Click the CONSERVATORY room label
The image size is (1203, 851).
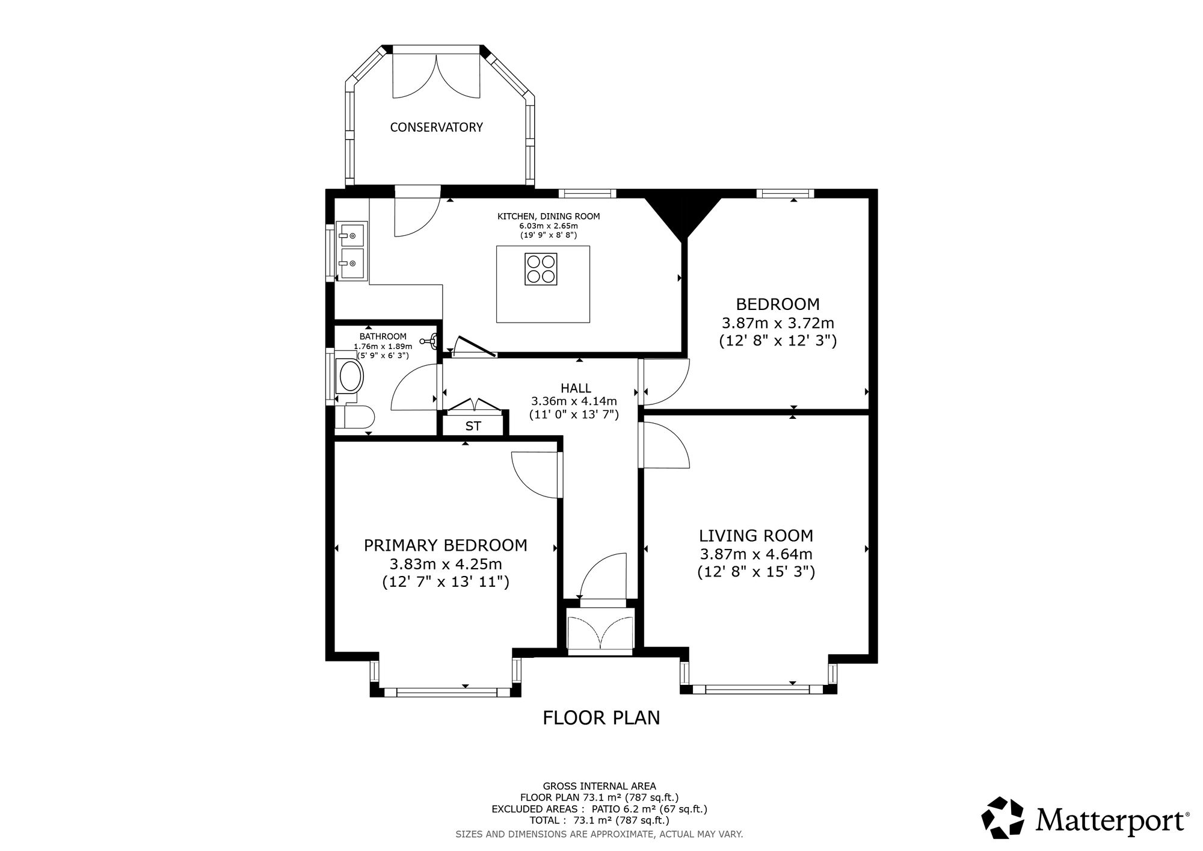click(436, 127)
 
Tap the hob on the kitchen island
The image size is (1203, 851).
click(540, 268)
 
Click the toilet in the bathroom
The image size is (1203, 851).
click(355, 417)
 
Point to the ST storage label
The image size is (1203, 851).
click(473, 426)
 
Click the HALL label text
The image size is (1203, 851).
click(576, 388)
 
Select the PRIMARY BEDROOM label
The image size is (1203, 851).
click(446, 545)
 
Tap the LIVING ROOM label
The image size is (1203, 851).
click(756, 536)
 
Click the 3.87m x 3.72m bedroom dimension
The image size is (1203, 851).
click(778, 323)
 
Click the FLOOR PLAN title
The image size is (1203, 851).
click(601, 717)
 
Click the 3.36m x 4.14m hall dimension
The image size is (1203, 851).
click(574, 401)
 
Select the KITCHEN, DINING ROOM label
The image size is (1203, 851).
click(549, 216)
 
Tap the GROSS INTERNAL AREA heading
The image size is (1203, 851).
click(600, 785)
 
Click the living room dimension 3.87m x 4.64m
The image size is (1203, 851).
click(756, 554)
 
